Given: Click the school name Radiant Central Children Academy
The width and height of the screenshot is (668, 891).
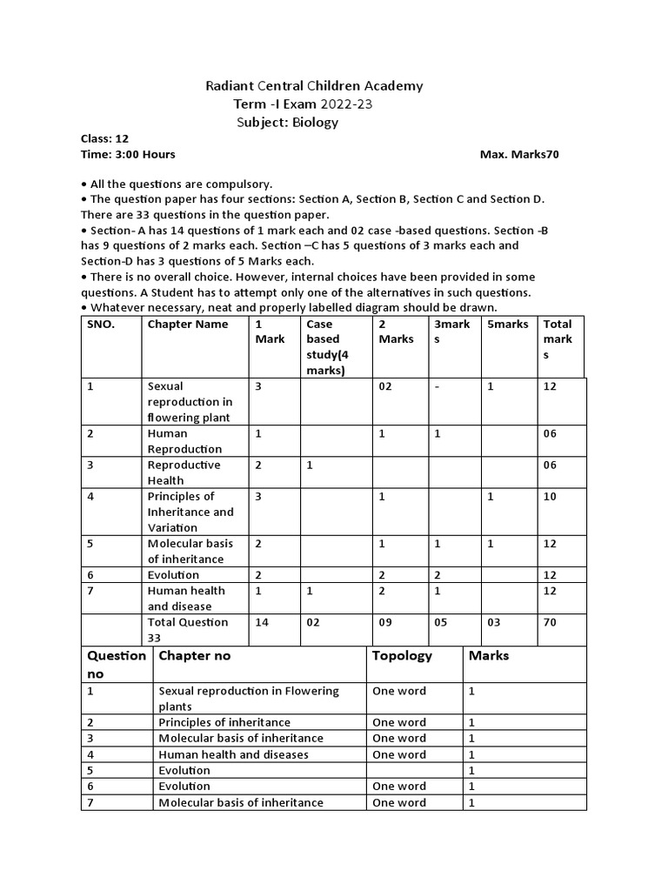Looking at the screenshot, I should click(314, 85).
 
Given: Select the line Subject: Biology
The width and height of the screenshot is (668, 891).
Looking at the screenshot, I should click(288, 123).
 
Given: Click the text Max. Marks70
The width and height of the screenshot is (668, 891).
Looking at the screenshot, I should click(519, 154).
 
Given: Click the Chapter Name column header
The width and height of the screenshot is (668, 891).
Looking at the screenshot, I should click(188, 325).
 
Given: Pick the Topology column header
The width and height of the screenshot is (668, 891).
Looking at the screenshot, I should click(402, 656).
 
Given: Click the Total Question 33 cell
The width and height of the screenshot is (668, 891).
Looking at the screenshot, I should click(188, 629).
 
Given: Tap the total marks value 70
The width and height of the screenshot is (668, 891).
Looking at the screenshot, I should click(551, 622).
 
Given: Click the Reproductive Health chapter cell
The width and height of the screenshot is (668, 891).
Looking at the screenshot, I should click(184, 472).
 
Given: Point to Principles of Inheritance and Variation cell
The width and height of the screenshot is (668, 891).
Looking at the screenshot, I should click(190, 512).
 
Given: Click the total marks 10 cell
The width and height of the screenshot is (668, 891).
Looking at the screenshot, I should click(551, 497).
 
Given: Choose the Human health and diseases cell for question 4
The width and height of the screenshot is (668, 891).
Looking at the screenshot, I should click(233, 754).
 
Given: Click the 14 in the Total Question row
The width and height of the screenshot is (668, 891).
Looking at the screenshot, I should click(262, 622).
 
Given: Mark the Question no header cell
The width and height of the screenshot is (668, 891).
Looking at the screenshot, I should click(115, 664).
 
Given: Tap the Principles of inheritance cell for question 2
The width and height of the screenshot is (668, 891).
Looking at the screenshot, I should click(224, 722).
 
